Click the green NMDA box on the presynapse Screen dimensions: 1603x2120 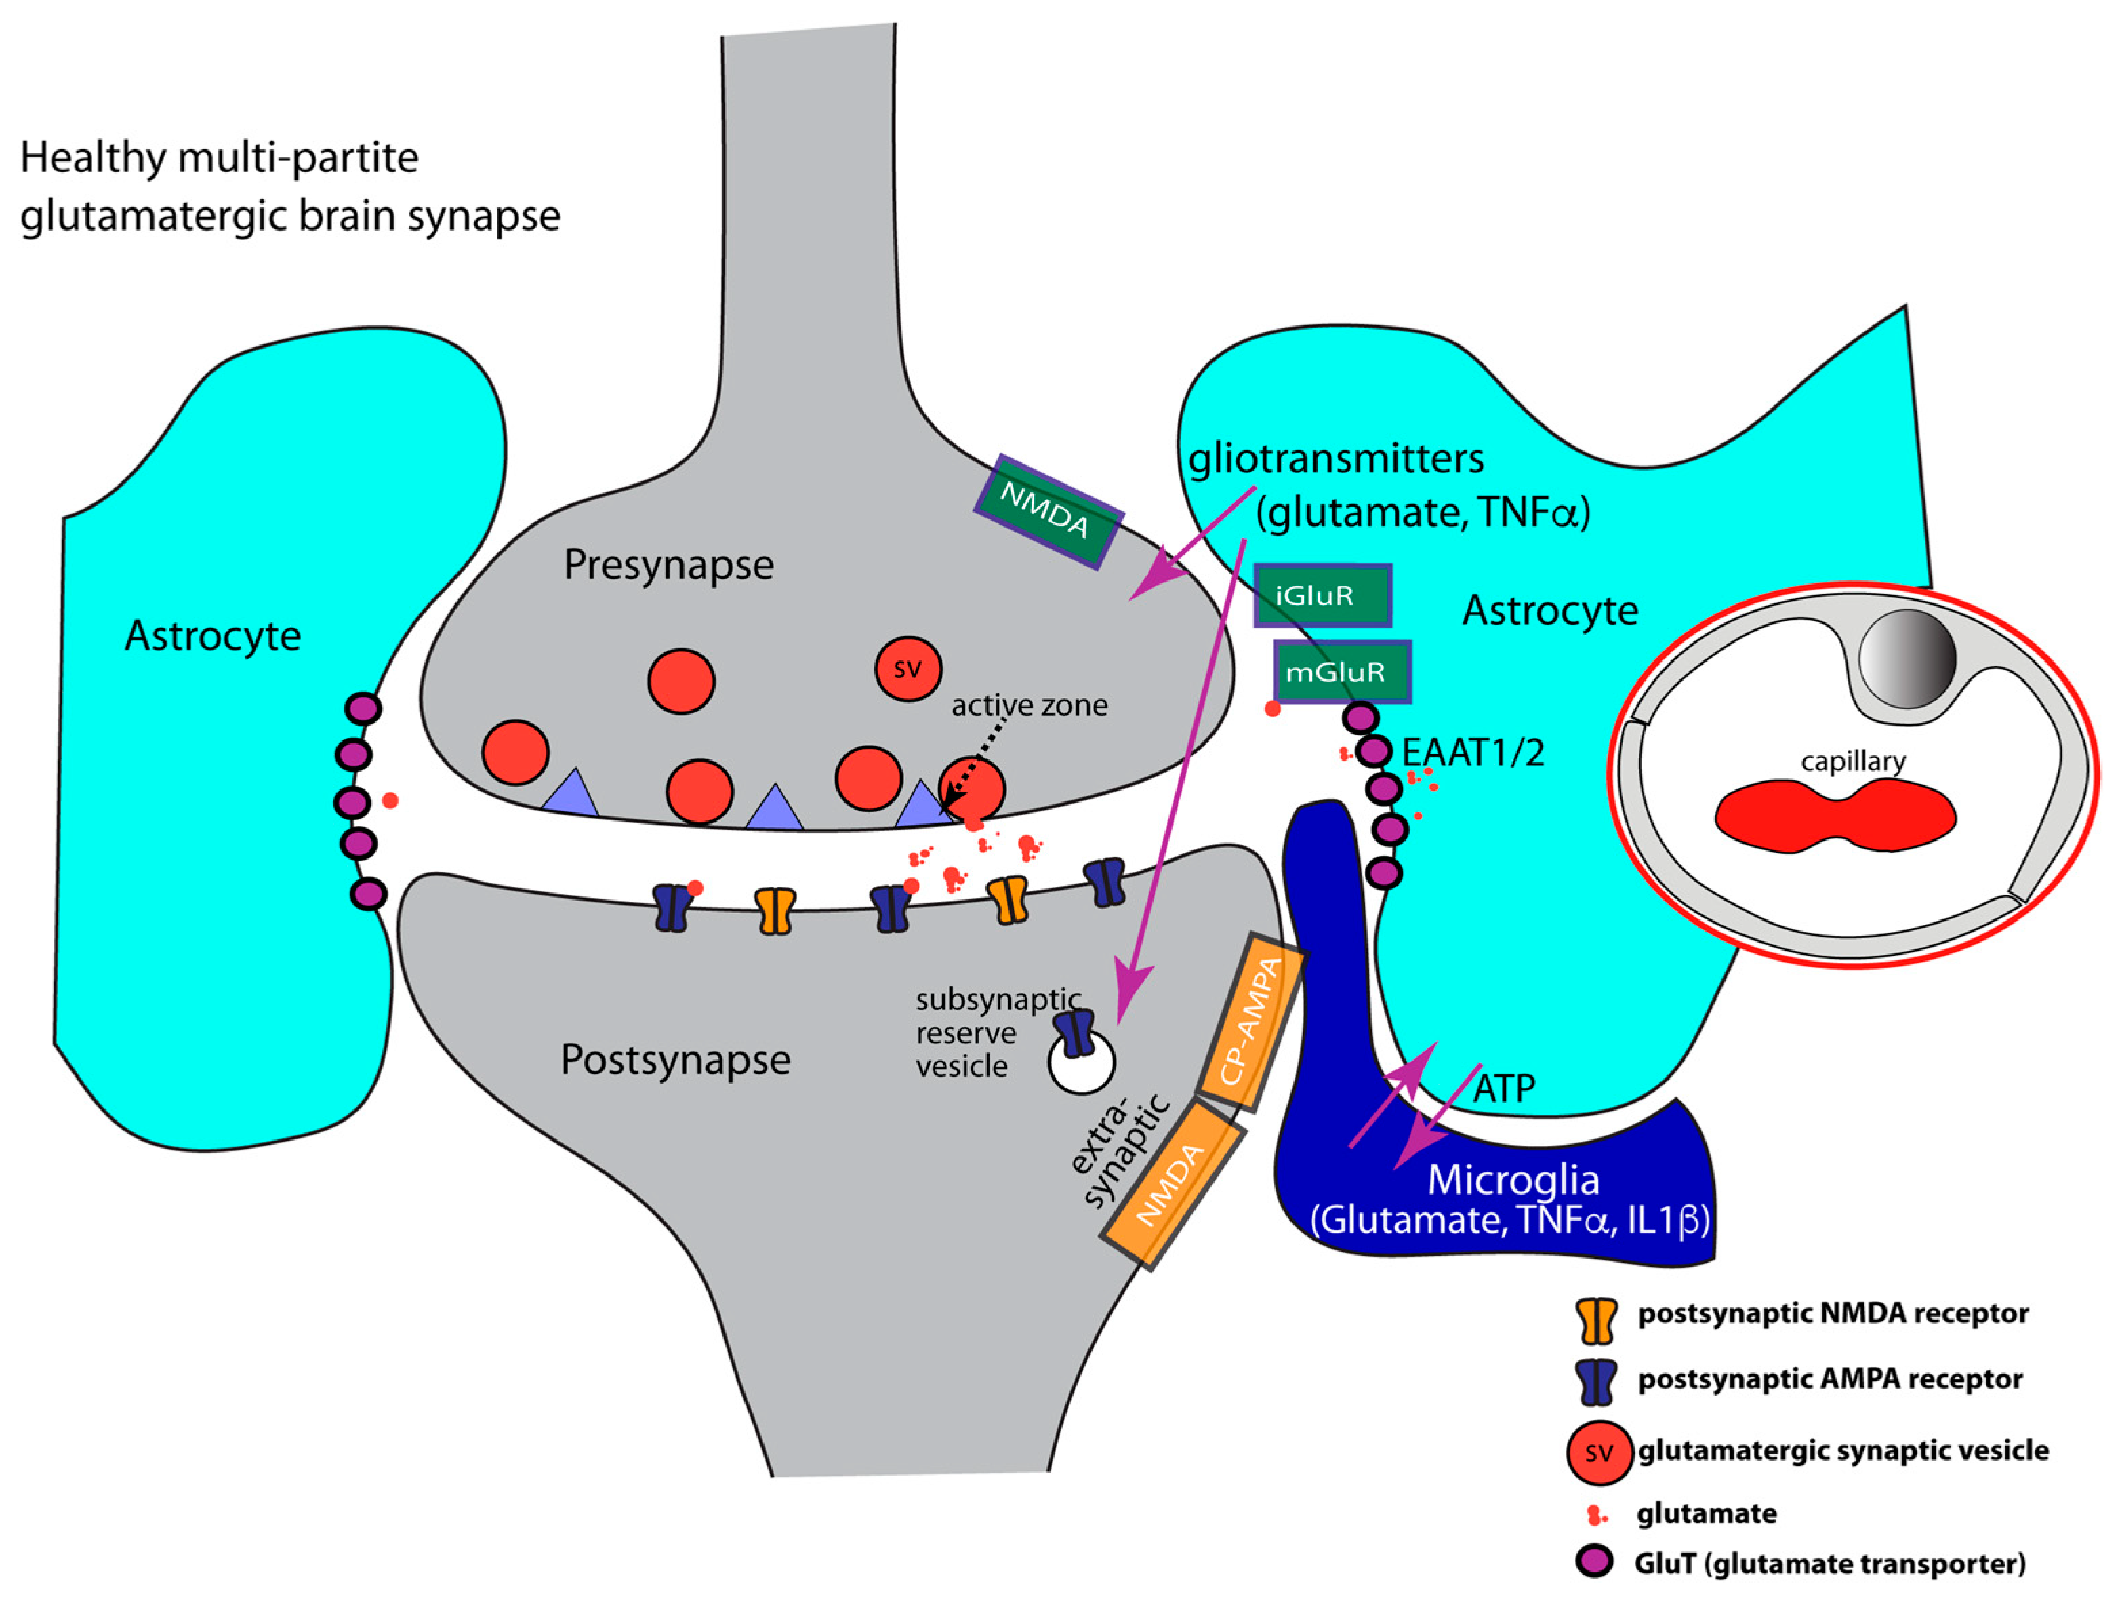(1048, 511)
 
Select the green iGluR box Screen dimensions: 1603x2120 (1322, 595)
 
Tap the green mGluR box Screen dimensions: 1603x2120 (1342, 671)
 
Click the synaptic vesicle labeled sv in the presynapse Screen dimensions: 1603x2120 (908, 668)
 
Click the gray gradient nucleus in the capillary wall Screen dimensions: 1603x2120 (1907, 658)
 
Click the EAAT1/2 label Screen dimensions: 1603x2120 (1473, 753)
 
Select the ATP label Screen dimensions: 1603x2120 (1504, 1088)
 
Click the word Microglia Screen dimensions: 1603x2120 (1513, 1180)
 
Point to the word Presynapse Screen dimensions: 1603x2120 (668, 565)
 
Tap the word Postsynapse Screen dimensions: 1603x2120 (675, 1059)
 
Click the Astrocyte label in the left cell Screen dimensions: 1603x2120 (213, 635)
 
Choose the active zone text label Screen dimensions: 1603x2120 (1030, 706)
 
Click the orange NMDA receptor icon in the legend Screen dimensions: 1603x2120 (1597, 1321)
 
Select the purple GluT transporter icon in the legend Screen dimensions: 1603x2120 (1595, 1563)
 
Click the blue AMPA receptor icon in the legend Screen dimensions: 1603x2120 (1597, 1381)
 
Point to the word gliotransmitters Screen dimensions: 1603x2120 (1336, 459)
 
